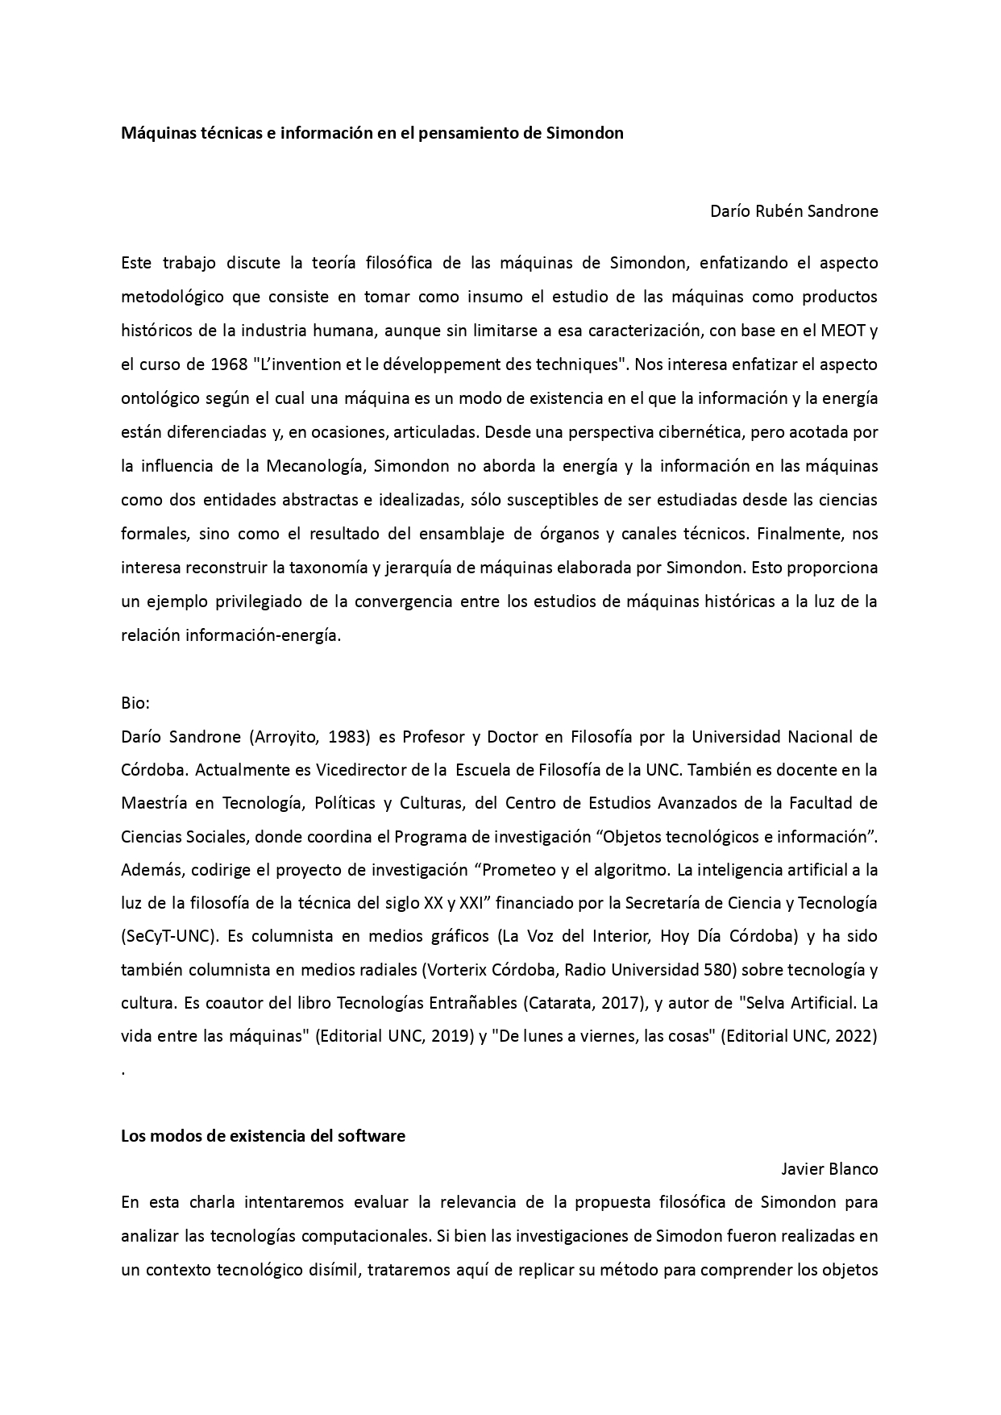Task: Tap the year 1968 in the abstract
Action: [x=228, y=364]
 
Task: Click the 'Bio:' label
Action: [x=135, y=703]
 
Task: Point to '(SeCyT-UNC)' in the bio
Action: [x=170, y=937]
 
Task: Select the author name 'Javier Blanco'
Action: [x=829, y=1169]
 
